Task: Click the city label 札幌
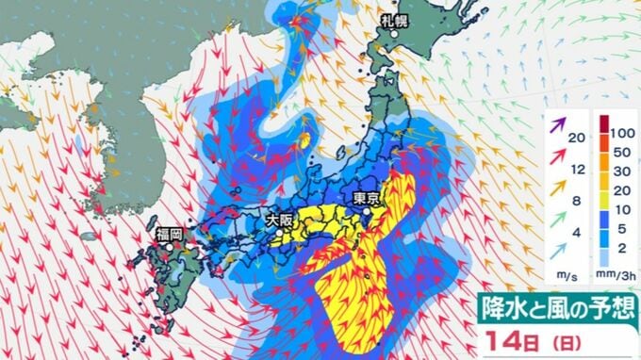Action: (394, 21)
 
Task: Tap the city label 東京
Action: (366, 199)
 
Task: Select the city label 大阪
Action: (279, 219)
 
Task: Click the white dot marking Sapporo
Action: (394, 36)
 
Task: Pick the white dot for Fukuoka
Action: (169, 246)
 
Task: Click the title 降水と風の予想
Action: (558, 306)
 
